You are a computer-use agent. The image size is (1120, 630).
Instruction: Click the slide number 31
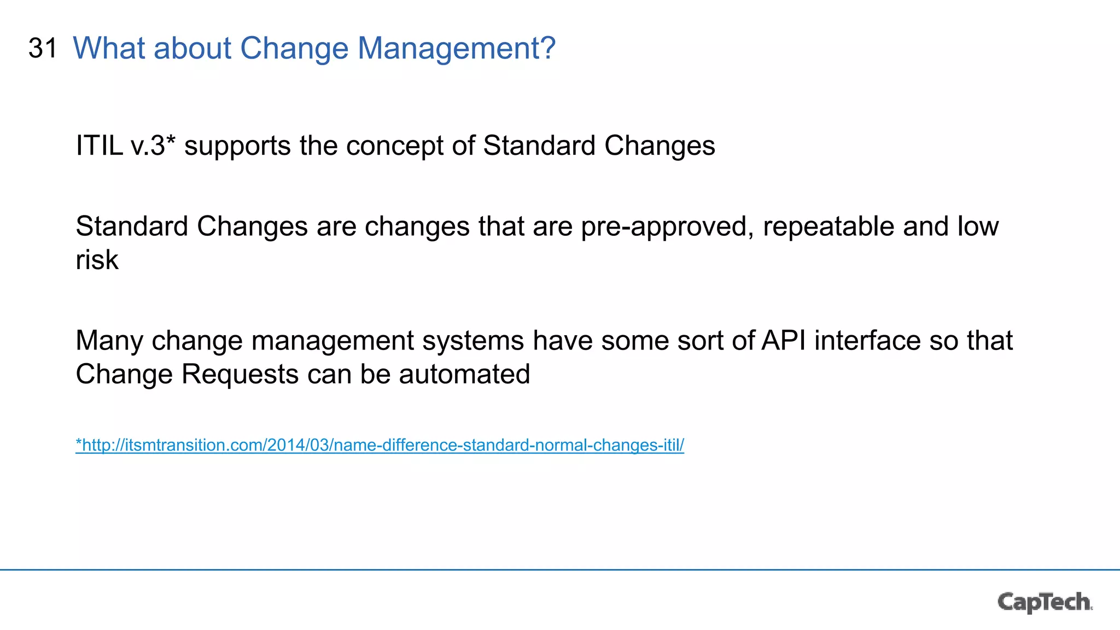43,48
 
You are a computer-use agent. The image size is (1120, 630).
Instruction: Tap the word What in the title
109,48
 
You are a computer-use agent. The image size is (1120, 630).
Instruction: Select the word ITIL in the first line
99,146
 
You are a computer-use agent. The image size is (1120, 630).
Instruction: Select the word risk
97,260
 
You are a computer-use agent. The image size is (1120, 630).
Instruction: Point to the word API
783,341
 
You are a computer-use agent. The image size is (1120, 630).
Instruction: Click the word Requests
240,375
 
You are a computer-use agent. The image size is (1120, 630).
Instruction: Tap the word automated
464,375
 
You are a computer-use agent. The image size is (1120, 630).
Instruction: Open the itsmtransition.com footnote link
380,445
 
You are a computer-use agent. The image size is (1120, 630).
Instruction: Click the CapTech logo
1044,602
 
